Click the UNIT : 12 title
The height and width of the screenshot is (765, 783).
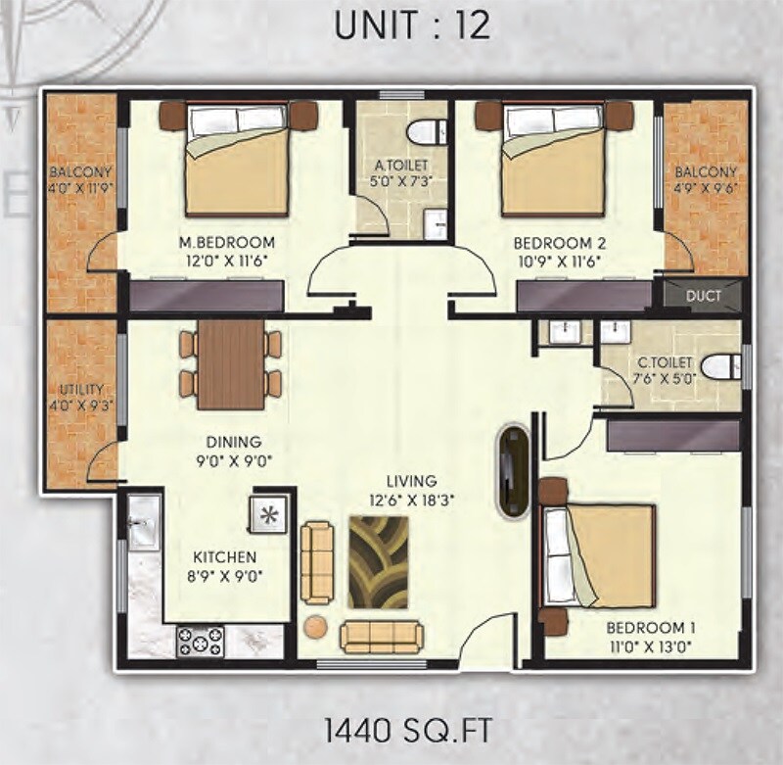pos(411,26)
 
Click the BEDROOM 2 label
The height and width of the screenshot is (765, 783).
pos(553,243)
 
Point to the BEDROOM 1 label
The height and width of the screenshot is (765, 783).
pos(645,627)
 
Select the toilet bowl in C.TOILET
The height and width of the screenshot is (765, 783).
pos(721,365)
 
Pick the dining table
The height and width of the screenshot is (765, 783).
pos(230,364)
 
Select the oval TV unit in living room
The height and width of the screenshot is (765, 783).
pos(514,470)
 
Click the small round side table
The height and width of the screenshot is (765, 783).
pos(315,627)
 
